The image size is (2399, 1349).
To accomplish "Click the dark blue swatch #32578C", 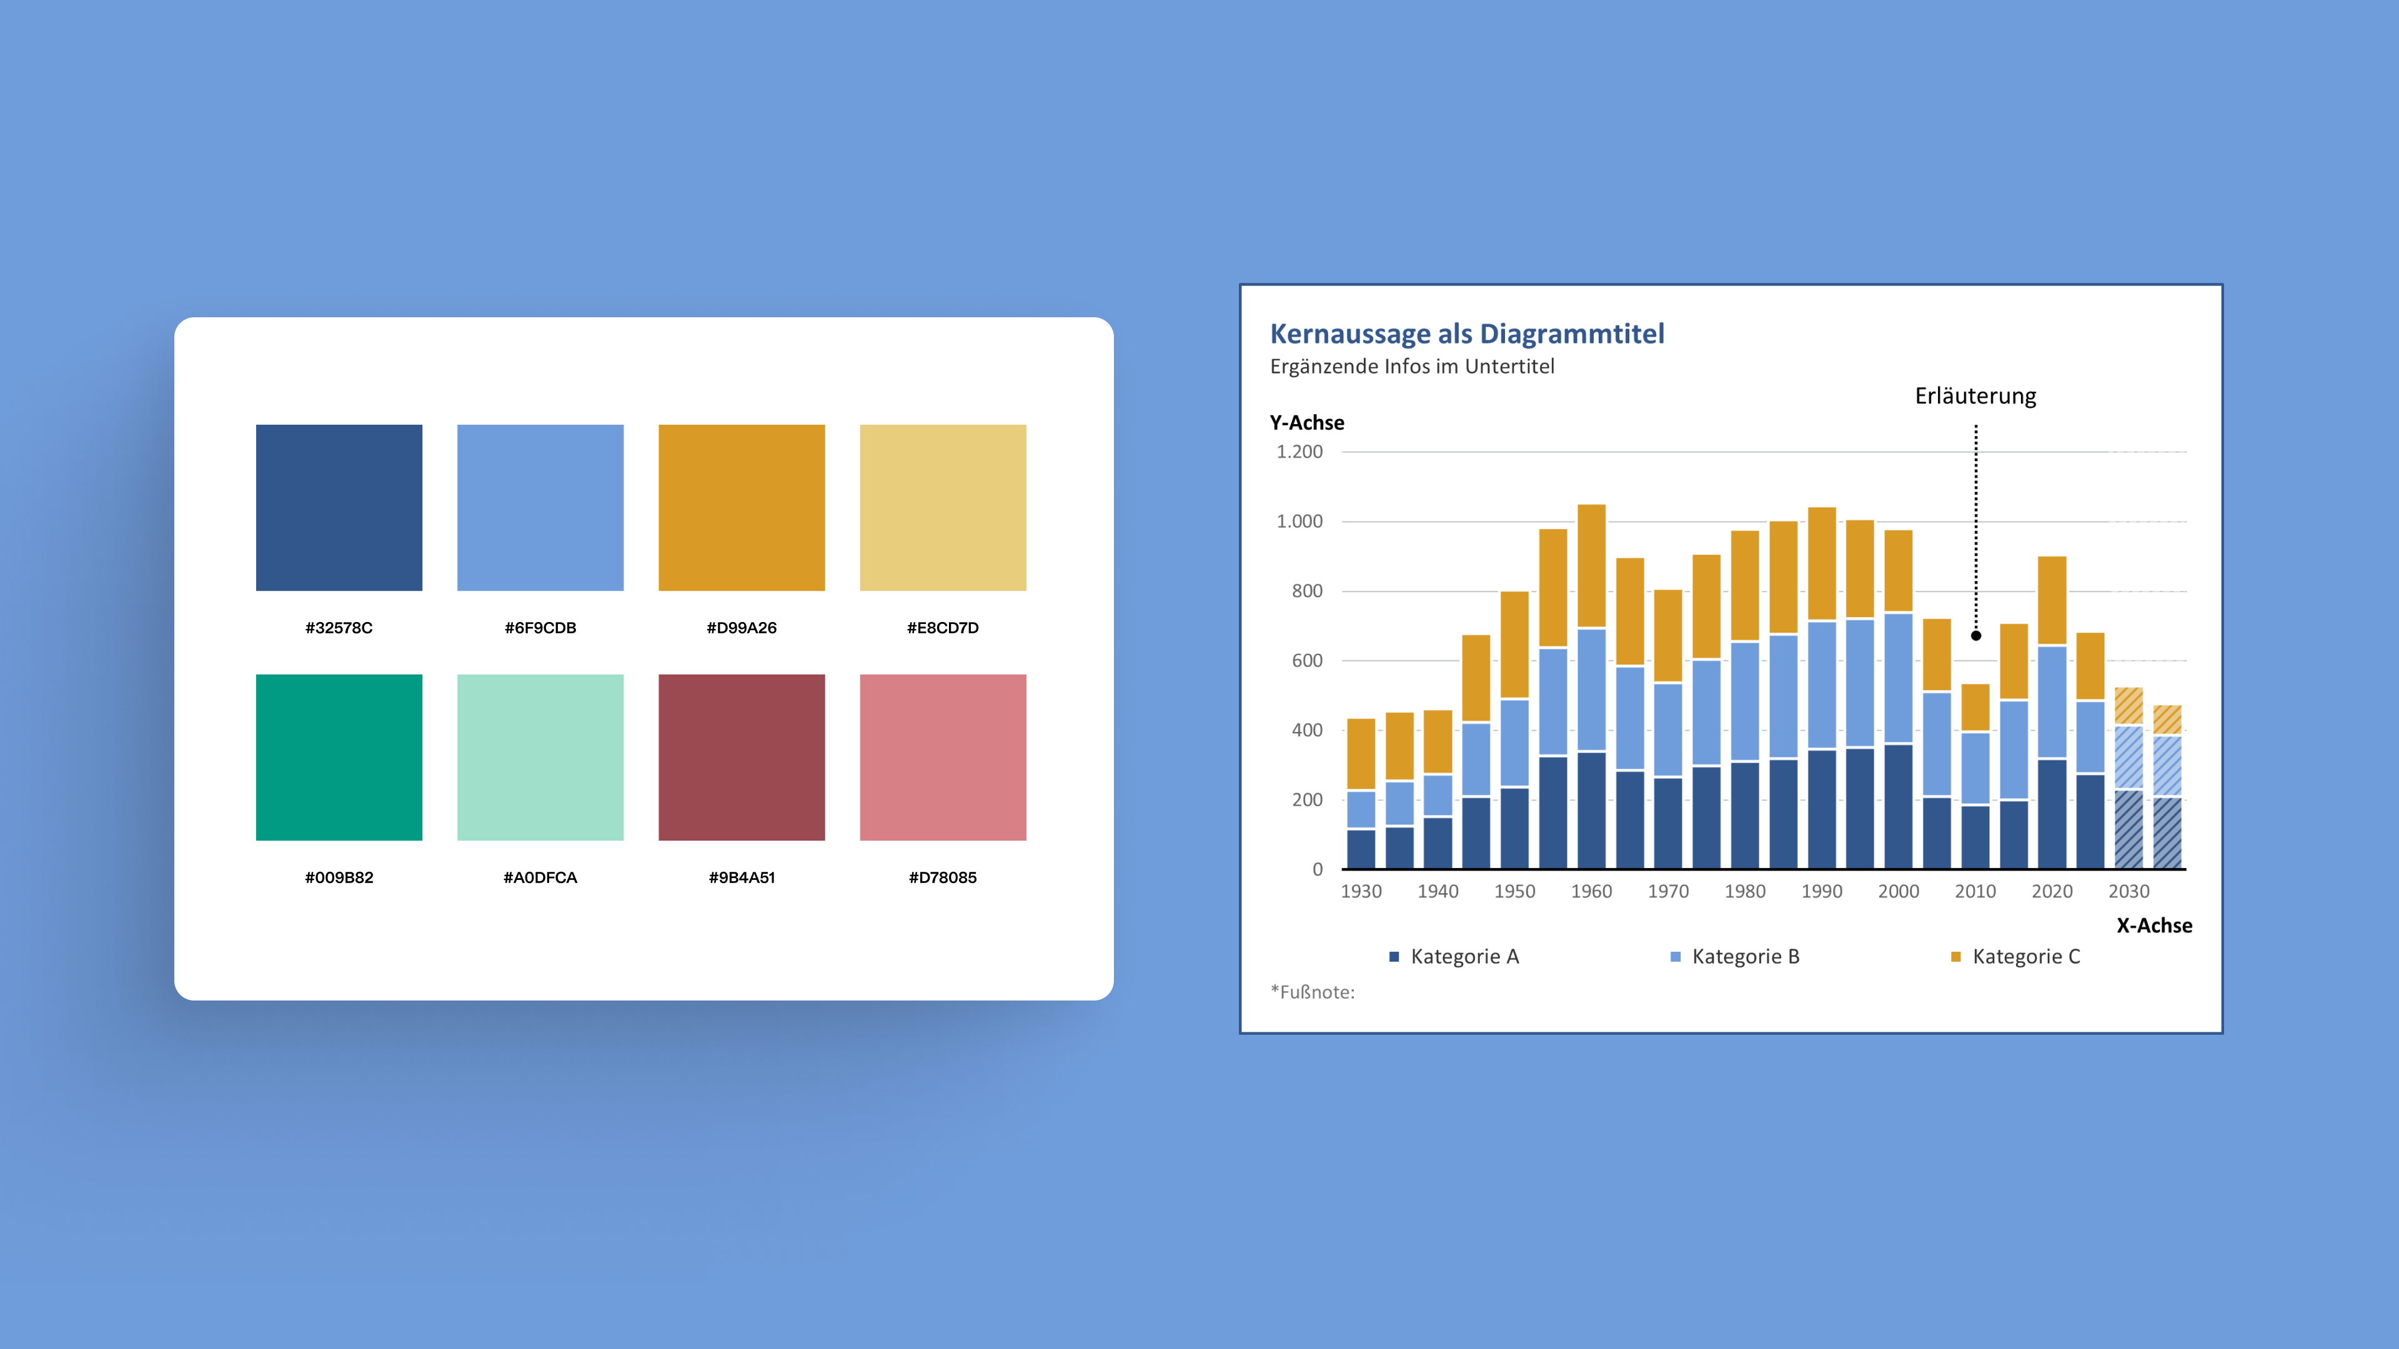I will (339, 507).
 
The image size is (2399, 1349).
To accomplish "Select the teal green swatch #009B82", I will (339, 757).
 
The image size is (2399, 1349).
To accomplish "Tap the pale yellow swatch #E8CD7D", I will (943, 507).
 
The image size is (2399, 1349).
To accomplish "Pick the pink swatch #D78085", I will (943, 757).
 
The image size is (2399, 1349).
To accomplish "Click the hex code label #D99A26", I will (742, 628).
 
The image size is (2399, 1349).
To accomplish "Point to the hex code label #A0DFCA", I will (540, 877).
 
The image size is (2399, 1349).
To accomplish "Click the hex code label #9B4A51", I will (742, 877).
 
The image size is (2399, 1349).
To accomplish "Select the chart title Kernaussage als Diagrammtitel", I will (1467, 334).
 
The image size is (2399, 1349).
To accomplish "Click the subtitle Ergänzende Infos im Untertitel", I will (1412, 366).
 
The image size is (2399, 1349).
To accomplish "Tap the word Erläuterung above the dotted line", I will (1975, 396).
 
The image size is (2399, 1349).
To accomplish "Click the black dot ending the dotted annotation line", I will (1976, 636).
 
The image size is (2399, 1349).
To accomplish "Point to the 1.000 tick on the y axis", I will (1299, 521).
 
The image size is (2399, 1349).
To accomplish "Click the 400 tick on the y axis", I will (1306, 730).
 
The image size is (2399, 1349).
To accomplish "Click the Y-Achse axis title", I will (1306, 423).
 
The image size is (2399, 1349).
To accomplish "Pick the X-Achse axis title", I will (2154, 926).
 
